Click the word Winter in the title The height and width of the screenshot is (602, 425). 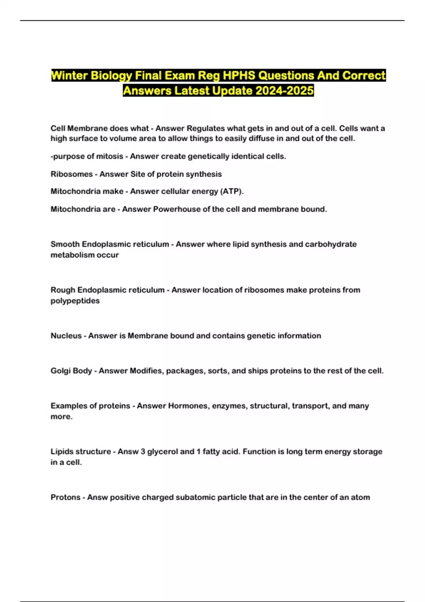pyautogui.click(x=69, y=76)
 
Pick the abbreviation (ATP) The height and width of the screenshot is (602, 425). pyautogui.click(x=232, y=191)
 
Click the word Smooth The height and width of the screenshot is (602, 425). pyautogui.click(x=65, y=244)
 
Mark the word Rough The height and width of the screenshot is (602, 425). pyautogui.click(x=63, y=290)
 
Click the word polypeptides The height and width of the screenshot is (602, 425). pyautogui.click(x=75, y=301)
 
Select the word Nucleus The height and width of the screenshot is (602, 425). pyautogui.click(x=66, y=336)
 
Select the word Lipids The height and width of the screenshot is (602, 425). pyautogui.click(x=62, y=451)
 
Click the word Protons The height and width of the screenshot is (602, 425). pyautogui.click(x=65, y=497)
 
